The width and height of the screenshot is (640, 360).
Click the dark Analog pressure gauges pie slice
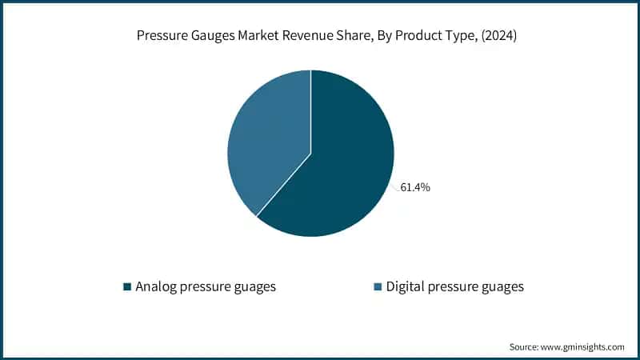(344, 168)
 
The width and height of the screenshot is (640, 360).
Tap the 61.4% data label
(415, 187)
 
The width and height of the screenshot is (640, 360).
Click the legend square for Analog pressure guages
(127, 286)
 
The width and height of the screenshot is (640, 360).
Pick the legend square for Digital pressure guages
(378, 286)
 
